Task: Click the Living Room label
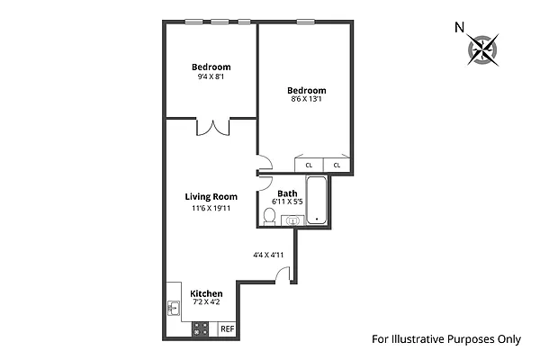211,197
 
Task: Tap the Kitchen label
206,293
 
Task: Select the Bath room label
287,193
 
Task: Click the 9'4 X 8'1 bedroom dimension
211,77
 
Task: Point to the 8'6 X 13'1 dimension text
306,101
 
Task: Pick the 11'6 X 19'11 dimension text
211,209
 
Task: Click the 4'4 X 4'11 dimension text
268,255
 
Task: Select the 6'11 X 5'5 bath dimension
287,202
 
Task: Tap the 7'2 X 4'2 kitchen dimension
205,302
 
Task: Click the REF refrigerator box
228,329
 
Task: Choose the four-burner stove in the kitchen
202,329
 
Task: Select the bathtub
317,201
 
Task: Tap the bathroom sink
292,220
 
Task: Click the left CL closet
309,166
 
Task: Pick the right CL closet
337,166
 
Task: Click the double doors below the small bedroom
212,129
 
